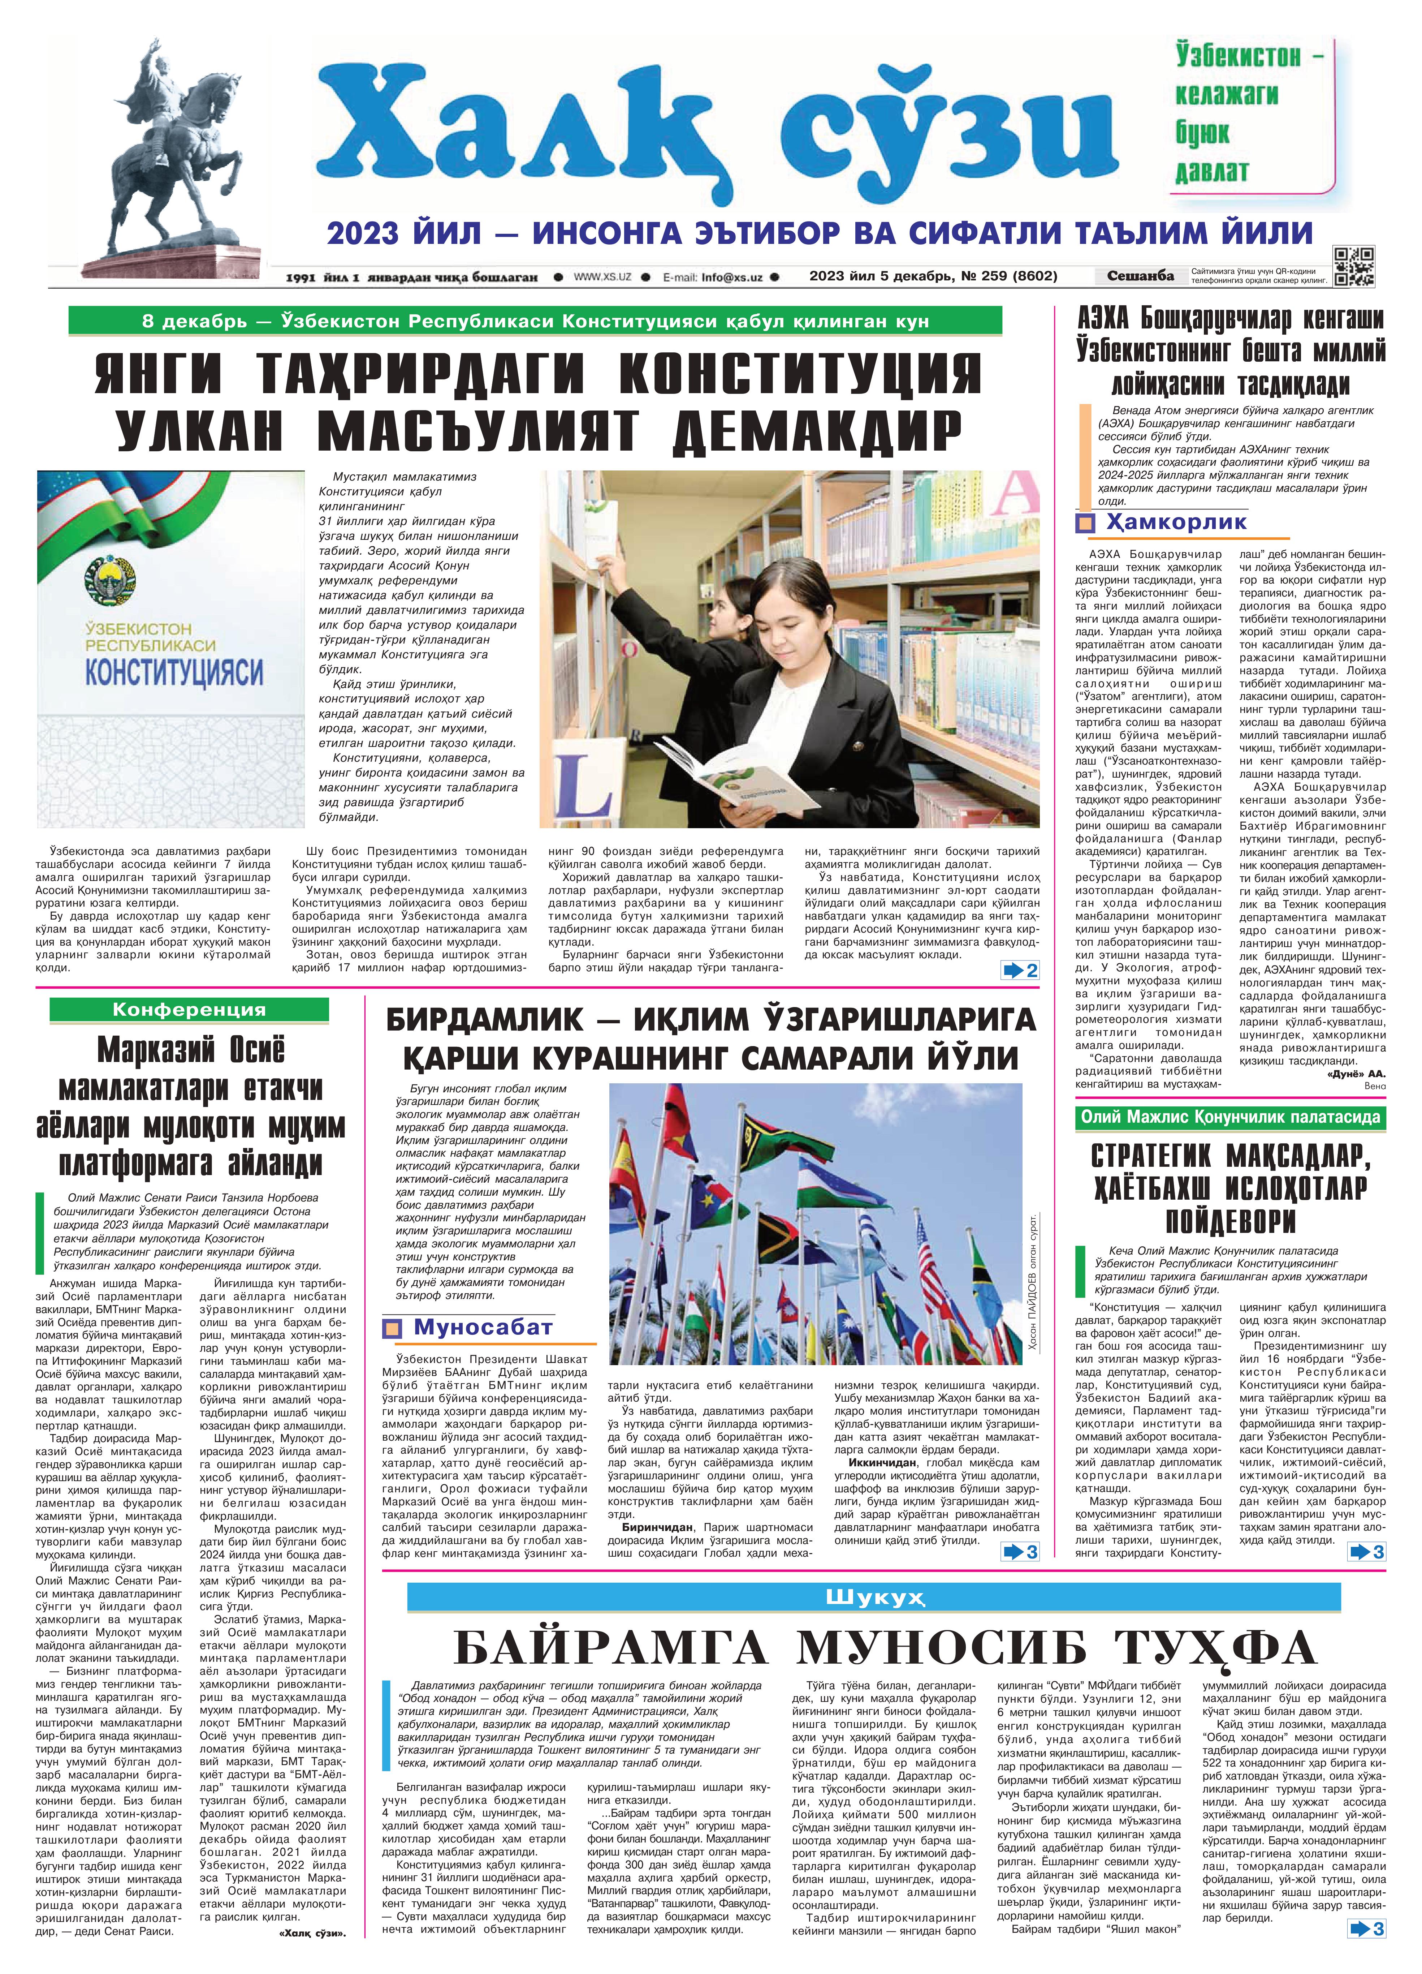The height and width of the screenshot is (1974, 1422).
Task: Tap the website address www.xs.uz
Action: [602, 277]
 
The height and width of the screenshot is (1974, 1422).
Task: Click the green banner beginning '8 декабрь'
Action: [535, 321]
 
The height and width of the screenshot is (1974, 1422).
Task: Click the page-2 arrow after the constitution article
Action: [1020, 971]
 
